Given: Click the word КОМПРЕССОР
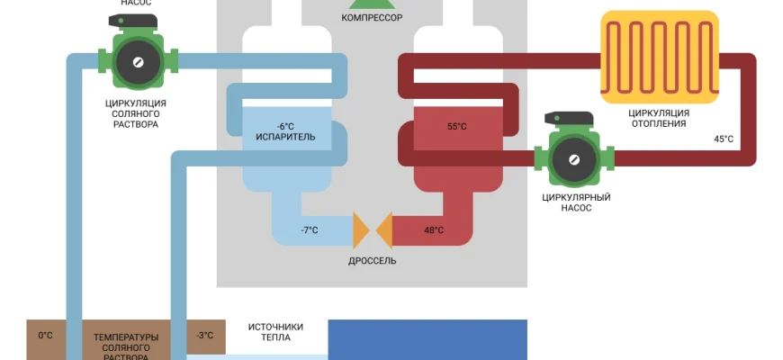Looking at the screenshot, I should [x=372, y=17].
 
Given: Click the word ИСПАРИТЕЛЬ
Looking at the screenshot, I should [x=285, y=138].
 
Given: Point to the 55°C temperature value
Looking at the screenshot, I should [x=457, y=126].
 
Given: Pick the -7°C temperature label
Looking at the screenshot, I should [x=309, y=230].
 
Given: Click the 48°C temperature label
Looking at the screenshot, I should [x=433, y=230].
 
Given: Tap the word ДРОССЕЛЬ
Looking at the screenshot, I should [x=372, y=261].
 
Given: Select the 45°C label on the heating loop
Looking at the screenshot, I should [x=723, y=139].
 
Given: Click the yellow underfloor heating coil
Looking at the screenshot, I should [x=660, y=55].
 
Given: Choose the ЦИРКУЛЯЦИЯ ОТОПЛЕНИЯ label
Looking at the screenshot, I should [x=659, y=118].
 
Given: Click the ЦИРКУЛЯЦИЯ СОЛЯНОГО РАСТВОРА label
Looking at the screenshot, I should [x=136, y=114].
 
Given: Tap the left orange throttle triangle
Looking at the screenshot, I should [x=361, y=230].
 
